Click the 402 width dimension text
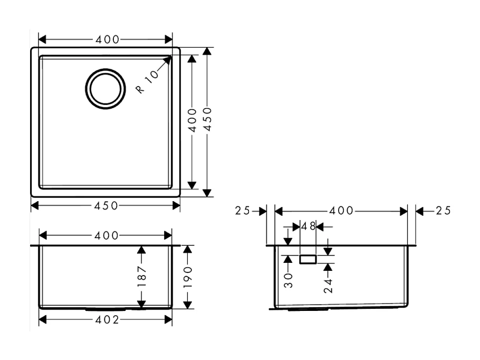(x=107, y=320)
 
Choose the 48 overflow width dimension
(x=308, y=226)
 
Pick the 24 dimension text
(x=328, y=286)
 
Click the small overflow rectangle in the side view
(x=308, y=259)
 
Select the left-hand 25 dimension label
(x=243, y=211)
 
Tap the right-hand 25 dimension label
(x=443, y=211)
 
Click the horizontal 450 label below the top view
(x=107, y=205)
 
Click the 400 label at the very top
(x=107, y=40)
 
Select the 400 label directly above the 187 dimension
(x=107, y=235)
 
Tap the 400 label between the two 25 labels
(x=341, y=211)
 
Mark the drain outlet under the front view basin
(x=106, y=310)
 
